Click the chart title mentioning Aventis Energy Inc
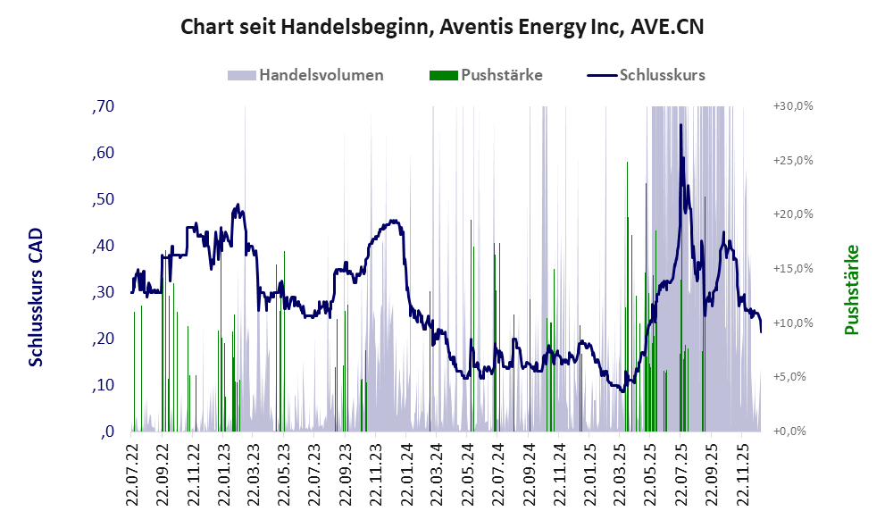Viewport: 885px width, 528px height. point(442,26)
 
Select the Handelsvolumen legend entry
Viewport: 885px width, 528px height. point(321,75)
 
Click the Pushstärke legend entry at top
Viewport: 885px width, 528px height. point(501,75)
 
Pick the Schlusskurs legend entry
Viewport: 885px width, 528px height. point(662,75)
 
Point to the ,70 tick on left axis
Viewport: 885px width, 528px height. point(104,106)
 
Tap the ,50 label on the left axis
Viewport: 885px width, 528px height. point(104,199)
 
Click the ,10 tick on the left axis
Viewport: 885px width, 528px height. point(104,385)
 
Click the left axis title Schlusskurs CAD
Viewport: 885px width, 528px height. point(37,296)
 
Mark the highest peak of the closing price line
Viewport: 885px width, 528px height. point(680,126)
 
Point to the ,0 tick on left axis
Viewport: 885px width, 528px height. point(107,432)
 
